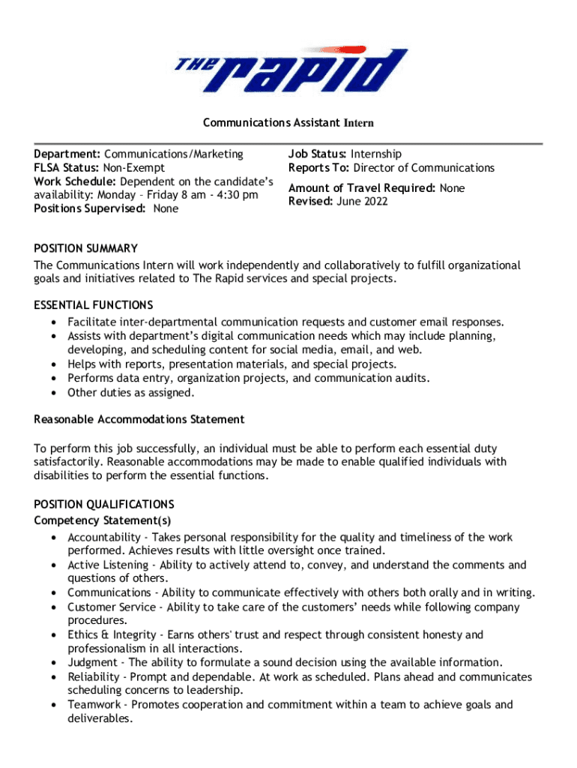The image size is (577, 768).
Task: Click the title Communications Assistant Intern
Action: (288, 122)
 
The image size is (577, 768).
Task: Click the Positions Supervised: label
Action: (90, 208)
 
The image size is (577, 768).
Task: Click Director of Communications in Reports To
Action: (424, 168)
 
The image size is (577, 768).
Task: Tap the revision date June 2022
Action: (361, 202)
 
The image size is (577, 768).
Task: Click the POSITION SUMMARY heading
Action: (85, 248)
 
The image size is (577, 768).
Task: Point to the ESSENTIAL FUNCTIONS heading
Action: (94, 304)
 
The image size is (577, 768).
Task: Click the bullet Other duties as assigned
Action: (120, 392)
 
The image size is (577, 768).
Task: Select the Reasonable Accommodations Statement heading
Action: (139, 419)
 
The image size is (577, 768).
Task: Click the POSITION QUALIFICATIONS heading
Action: (104, 504)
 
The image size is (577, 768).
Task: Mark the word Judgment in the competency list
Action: (92, 662)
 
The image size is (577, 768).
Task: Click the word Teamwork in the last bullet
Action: (93, 704)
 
